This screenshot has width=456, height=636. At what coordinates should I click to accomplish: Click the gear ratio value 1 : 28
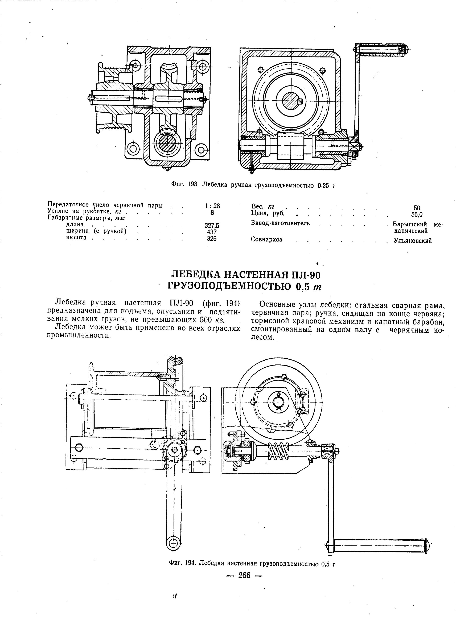click(212, 206)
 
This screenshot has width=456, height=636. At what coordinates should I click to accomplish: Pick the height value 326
click(211, 239)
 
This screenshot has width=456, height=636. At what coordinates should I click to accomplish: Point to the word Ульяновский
click(413, 241)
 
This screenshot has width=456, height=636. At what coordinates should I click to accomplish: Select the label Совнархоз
click(266, 240)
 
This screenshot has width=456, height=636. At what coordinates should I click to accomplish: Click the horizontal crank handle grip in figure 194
click(379, 545)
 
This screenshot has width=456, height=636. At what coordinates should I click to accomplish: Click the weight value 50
click(417, 208)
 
